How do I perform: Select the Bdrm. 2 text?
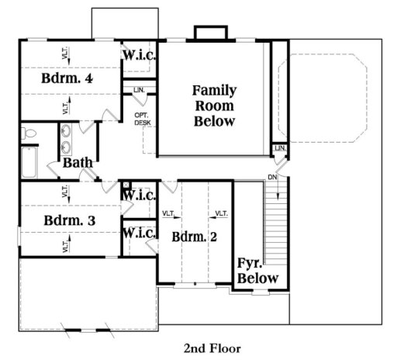[195, 236]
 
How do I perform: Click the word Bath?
[78, 162]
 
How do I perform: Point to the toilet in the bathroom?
[30, 134]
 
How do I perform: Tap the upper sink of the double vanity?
[67, 130]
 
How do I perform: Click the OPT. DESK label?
[141, 119]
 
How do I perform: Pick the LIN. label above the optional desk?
[140, 91]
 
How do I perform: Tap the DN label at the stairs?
[271, 177]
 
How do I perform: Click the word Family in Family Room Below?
[215, 90]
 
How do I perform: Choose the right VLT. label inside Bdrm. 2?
[220, 213]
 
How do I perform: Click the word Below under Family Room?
[215, 122]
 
